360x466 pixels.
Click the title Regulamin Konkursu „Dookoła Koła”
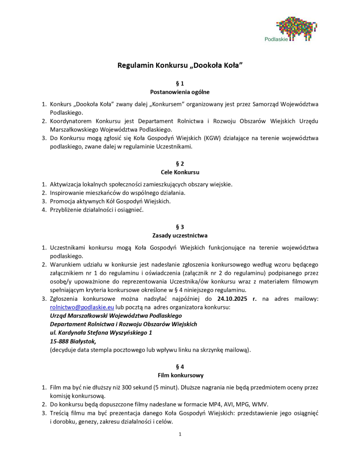180,65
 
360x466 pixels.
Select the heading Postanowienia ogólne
180,92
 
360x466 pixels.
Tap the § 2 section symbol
180,163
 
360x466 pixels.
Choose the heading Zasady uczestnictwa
180,235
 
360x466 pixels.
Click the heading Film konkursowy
180,375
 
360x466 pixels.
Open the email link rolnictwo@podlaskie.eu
75,307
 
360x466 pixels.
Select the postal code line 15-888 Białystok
73,341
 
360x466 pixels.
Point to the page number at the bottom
180,434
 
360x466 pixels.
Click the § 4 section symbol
180,366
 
